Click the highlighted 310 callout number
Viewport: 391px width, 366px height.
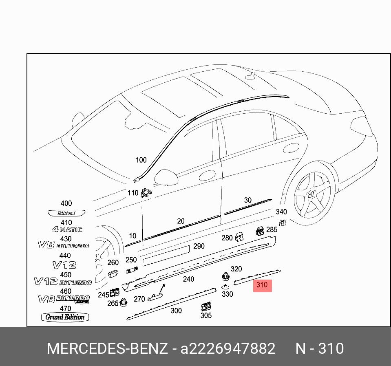(x=262, y=285)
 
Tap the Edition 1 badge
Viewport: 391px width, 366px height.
(x=66, y=213)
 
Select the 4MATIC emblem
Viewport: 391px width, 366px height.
(x=66, y=230)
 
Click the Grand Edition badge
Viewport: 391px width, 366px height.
(x=65, y=317)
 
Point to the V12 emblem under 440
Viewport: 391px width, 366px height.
(x=64, y=265)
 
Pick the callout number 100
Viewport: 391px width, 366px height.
(x=141, y=160)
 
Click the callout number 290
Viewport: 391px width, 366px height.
(x=199, y=246)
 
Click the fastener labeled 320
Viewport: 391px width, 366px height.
(x=225, y=277)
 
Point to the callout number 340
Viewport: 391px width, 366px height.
(x=281, y=212)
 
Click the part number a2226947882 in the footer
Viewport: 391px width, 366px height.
(x=228, y=349)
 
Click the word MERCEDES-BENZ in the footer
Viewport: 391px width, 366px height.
(x=107, y=349)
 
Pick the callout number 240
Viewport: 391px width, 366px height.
(x=188, y=279)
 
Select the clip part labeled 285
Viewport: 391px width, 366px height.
(x=260, y=232)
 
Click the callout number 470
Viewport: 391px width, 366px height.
(x=65, y=309)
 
